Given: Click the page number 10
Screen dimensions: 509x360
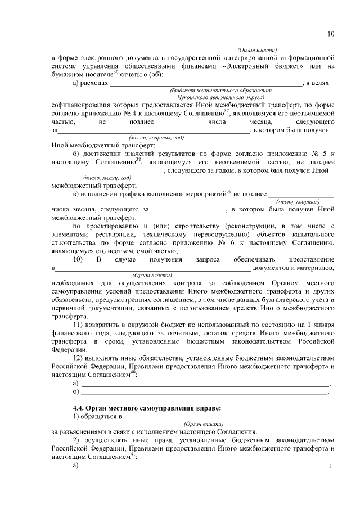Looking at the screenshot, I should click(x=331, y=34).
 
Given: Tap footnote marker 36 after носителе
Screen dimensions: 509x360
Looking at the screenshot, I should click(x=115, y=71).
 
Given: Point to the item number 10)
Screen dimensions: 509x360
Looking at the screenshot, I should click(x=78, y=259).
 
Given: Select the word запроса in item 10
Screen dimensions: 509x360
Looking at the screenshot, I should click(x=204, y=259).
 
